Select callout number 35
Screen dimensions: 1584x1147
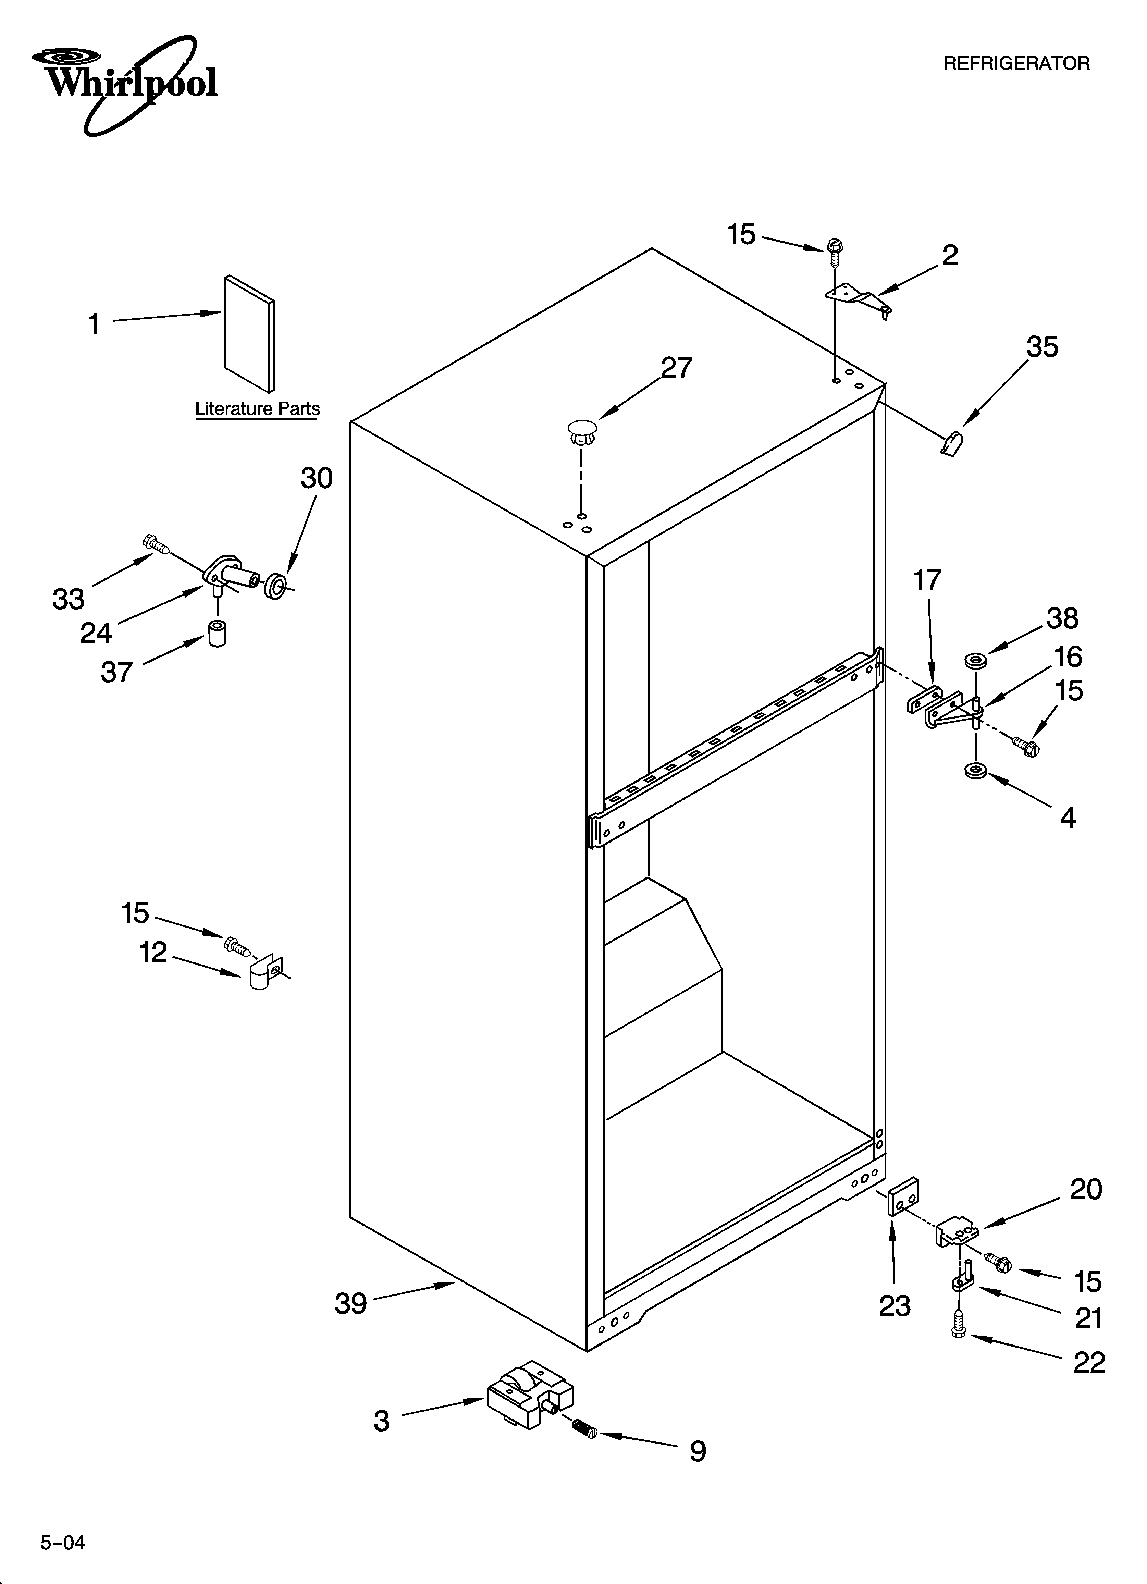[x=1041, y=347]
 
